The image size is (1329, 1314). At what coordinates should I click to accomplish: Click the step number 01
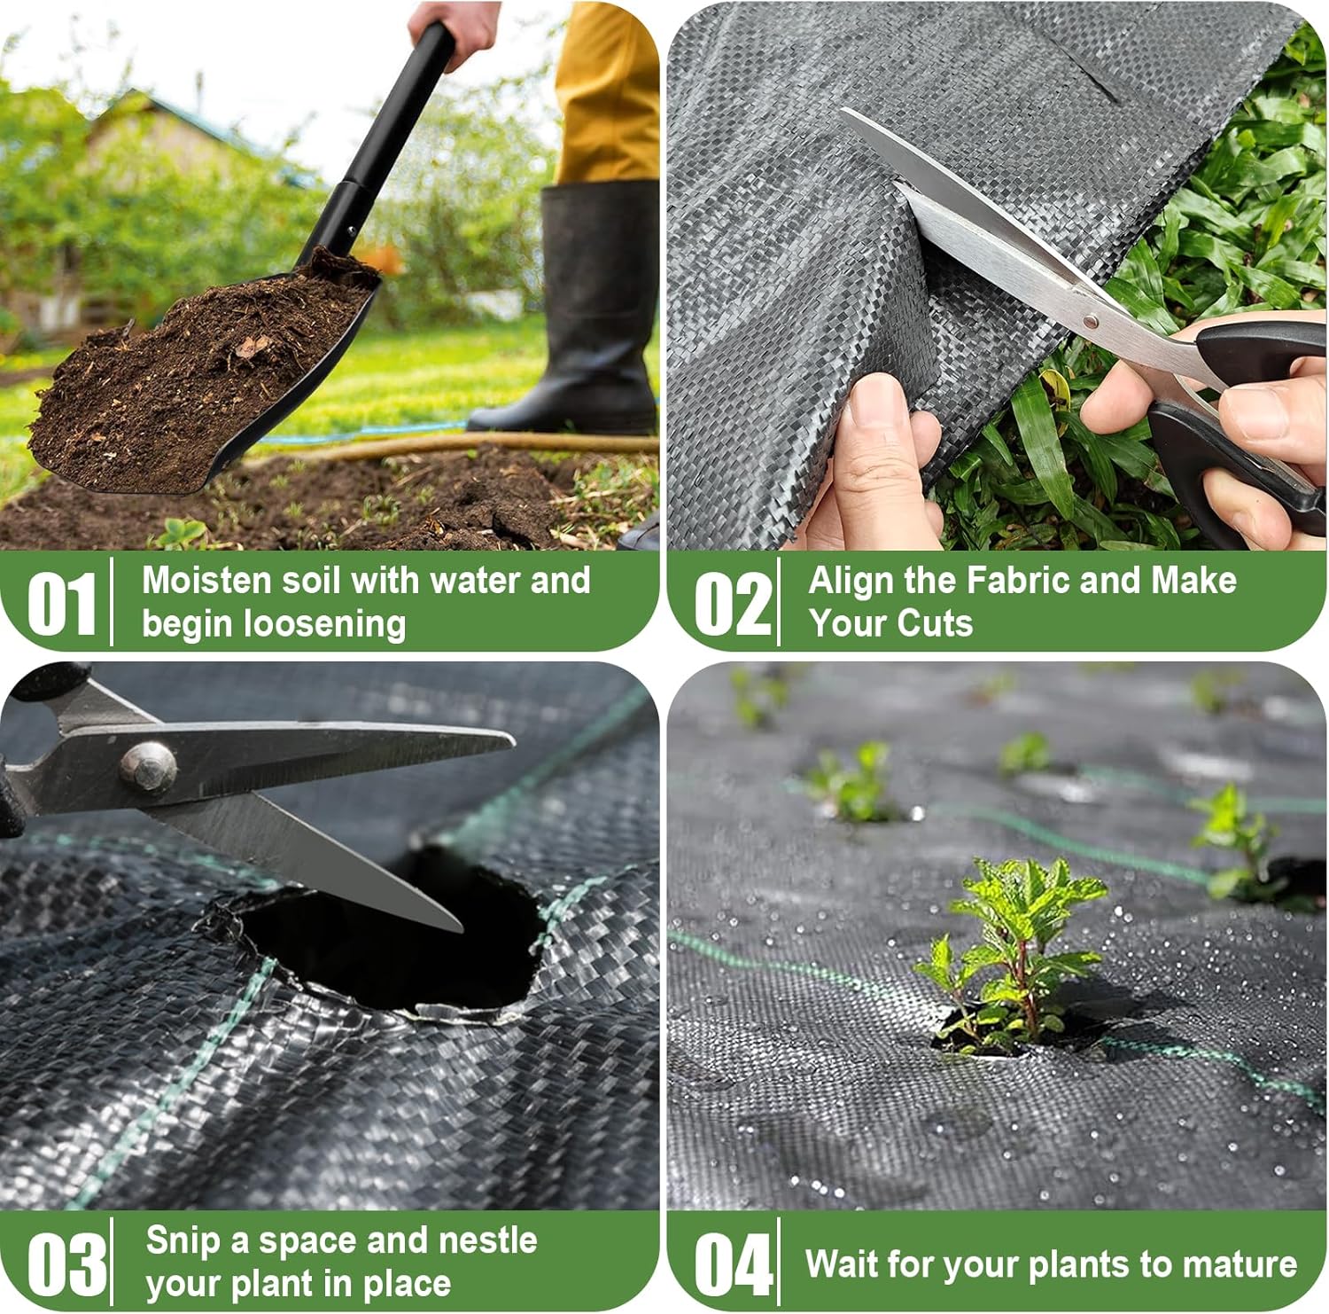(x=62, y=603)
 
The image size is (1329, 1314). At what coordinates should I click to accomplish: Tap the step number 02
(x=733, y=603)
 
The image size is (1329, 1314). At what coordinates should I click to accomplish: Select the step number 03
(x=67, y=1263)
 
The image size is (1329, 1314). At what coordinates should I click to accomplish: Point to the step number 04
(x=733, y=1263)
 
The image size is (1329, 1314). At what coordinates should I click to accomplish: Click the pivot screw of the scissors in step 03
(x=148, y=766)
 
